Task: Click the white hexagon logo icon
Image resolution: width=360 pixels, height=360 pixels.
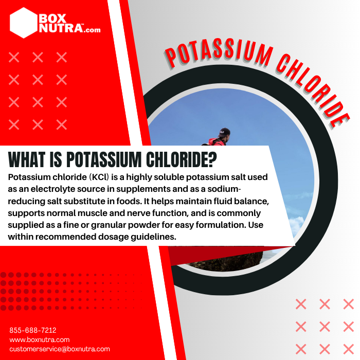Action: (x=24, y=23)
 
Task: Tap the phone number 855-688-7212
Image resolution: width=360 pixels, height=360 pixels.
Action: (x=33, y=330)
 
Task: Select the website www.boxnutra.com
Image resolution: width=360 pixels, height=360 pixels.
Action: (x=39, y=339)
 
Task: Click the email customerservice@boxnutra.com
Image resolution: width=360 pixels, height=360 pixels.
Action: (x=60, y=349)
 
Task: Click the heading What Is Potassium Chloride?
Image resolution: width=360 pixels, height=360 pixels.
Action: (x=112, y=160)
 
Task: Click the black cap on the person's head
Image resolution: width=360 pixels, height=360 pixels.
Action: (x=224, y=132)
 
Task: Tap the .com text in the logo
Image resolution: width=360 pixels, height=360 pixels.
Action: (x=93, y=30)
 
